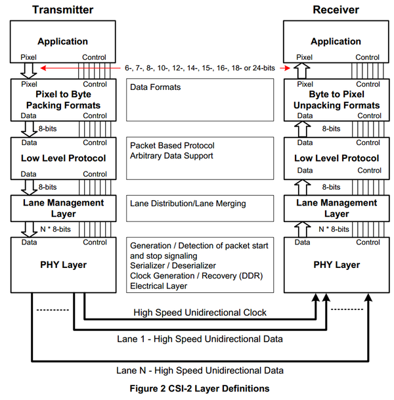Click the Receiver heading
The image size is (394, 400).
(336, 10)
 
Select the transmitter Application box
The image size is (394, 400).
(62, 41)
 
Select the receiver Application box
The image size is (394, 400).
(336, 41)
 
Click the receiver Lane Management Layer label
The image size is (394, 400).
(336, 208)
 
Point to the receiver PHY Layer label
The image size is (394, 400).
(336, 265)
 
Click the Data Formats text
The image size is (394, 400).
(156, 87)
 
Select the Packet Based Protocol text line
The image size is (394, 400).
(172, 145)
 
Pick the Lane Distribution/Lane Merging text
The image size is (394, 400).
(188, 204)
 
